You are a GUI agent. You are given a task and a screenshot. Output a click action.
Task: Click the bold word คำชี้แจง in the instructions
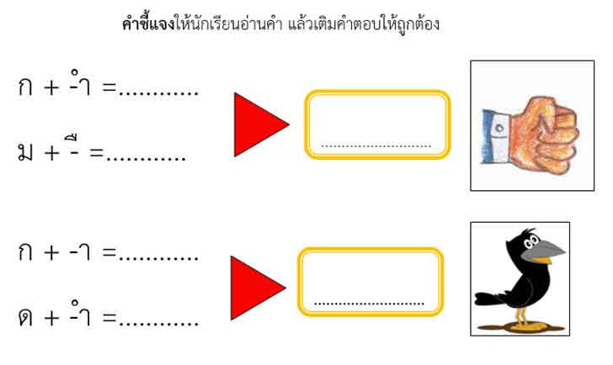point(147,24)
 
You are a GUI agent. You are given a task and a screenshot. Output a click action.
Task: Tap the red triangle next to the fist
point(258,124)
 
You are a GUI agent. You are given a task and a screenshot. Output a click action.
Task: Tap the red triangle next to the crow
point(255,288)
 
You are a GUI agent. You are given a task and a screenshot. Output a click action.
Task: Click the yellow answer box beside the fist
point(377,124)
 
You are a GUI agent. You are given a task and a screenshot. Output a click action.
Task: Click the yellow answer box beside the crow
point(370,282)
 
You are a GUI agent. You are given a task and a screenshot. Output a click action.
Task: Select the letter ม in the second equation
point(25,154)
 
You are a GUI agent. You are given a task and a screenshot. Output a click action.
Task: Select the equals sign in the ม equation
point(96,155)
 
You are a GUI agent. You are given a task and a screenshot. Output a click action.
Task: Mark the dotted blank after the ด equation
point(159,325)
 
